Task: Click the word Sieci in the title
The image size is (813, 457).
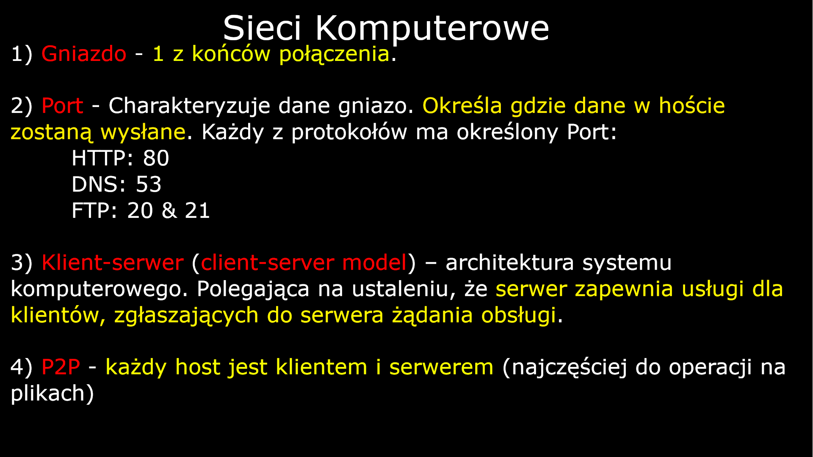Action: pos(262,28)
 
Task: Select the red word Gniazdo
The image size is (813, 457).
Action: pos(84,54)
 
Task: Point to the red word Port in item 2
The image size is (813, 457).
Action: pos(62,106)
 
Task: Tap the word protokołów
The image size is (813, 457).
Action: pos(349,133)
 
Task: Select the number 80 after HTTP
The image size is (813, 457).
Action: pos(156,159)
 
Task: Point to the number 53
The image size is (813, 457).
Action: pos(149,184)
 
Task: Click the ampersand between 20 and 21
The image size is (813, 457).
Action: pos(169,211)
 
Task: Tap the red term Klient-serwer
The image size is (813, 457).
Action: pos(113,263)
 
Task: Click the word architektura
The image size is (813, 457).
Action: pos(509,263)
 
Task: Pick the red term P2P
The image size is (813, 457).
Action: pos(61,367)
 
